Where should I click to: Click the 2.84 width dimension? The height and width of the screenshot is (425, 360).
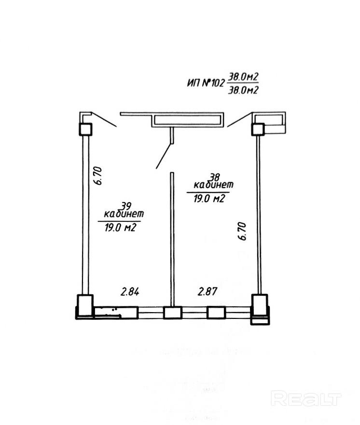tap(130, 292)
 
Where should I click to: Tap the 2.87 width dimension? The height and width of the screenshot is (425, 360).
tap(208, 291)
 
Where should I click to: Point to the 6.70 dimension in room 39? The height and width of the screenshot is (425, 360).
tap(98, 176)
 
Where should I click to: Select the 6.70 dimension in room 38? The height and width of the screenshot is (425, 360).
tap(242, 231)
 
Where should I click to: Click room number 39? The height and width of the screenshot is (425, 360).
tap(126, 206)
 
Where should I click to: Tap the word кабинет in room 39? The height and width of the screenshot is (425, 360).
tap(124, 214)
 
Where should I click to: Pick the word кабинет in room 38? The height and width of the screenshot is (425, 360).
tap(213, 185)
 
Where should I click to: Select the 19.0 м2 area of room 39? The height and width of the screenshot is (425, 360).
tap(120, 228)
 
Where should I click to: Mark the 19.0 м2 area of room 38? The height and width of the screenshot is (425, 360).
tap(209, 199)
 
